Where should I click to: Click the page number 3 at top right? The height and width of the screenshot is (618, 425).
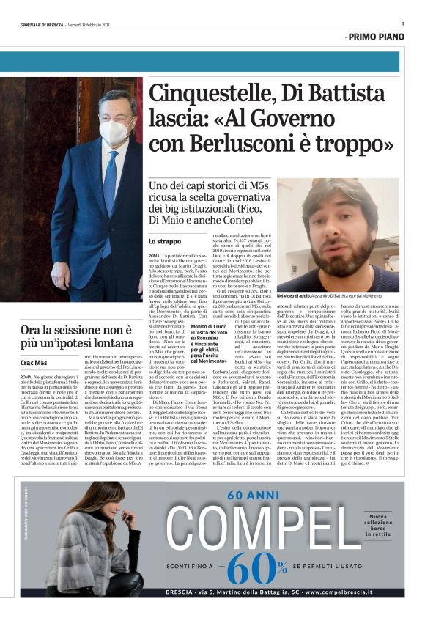tap(402, 24)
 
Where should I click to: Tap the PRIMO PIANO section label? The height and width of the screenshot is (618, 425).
tap(377, 37)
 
